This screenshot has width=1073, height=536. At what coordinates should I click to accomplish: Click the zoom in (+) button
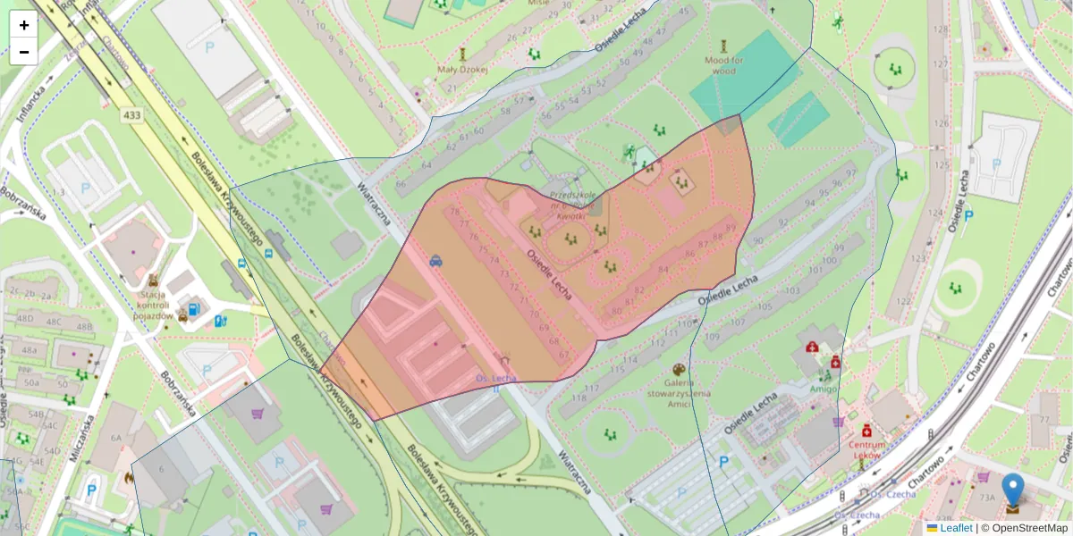(23, 25)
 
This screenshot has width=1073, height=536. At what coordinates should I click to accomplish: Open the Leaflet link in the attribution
(955, 528)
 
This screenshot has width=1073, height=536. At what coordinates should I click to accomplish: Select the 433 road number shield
(131, 115)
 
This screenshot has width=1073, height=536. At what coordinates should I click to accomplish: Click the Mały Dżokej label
(462, 69)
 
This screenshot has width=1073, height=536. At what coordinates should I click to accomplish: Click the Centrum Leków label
(866, 449)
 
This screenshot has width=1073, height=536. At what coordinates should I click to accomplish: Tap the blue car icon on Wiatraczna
(435, 261)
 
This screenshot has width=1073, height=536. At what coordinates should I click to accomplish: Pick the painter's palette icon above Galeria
(677, 369)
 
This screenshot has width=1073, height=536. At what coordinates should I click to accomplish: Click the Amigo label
(824, 389)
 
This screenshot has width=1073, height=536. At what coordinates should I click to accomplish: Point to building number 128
(938, 29)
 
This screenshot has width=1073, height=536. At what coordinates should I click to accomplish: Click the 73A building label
(987, 498)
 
